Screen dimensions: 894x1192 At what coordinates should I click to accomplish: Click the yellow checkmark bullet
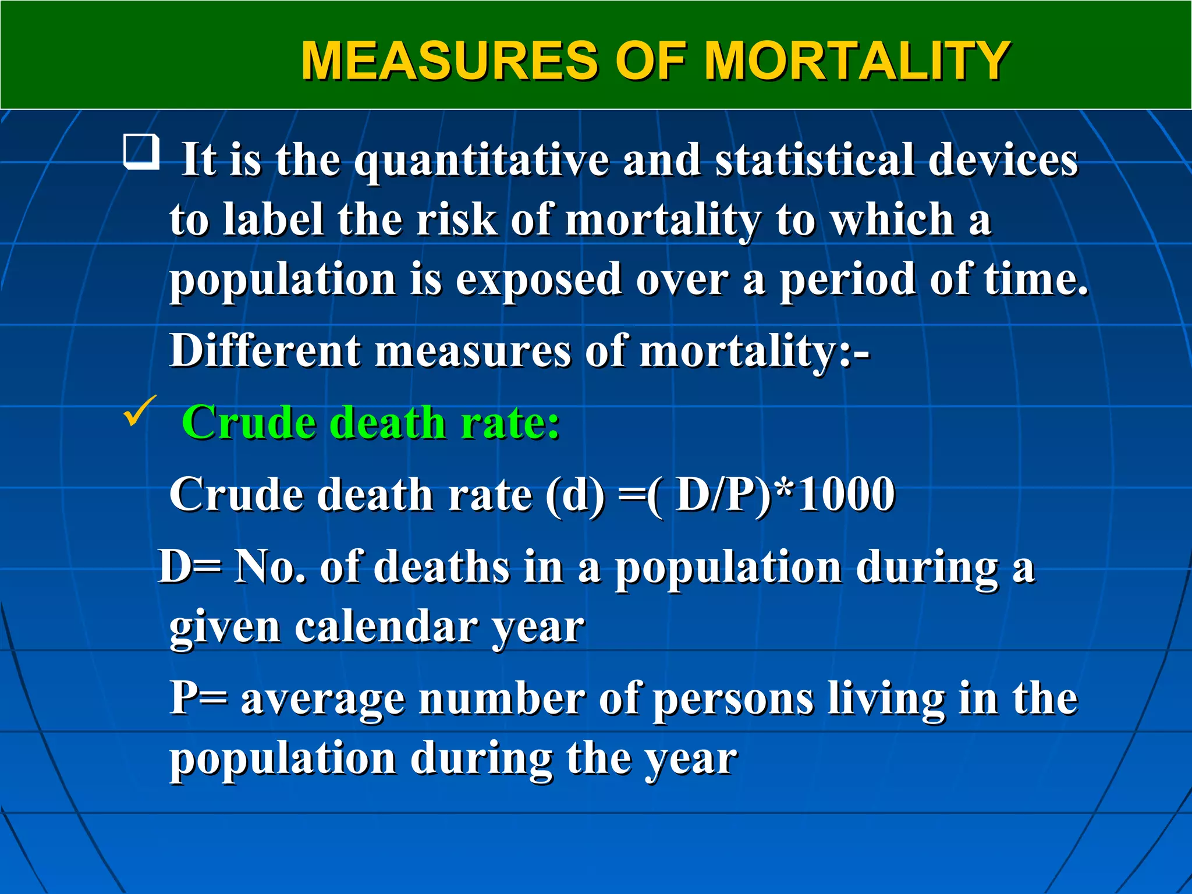coord(140,410)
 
